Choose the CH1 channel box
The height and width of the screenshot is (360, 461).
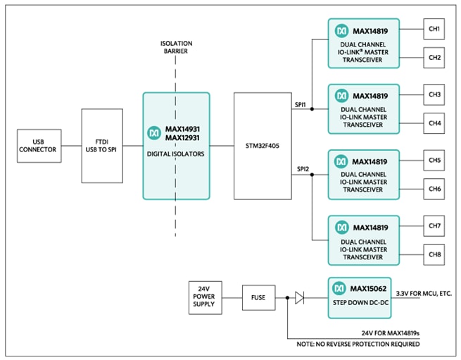coord(434,30)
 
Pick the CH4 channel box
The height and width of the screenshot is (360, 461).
coord(434,123)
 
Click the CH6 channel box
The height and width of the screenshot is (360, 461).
coord(434,188)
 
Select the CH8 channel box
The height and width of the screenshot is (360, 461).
coord(434,254)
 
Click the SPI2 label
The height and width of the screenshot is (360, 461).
coord(301,169)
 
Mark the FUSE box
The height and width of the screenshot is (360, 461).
coord(258,297)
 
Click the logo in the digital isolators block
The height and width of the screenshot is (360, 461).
coord(153,132)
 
